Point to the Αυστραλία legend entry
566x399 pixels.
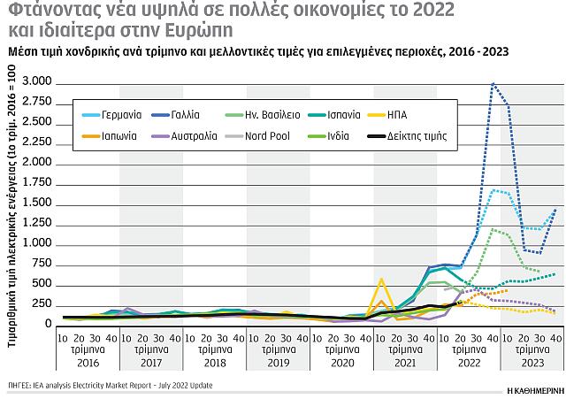[186, 135]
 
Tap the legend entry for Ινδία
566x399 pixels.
[332, 135]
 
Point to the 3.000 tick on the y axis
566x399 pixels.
[36, 82]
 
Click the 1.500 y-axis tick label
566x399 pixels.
[36, 203]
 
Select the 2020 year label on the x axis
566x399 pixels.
[341, 361]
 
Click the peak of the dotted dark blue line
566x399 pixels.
[493, 84]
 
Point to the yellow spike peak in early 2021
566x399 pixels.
[381, 280]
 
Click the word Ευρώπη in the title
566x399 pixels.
[195, 30]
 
